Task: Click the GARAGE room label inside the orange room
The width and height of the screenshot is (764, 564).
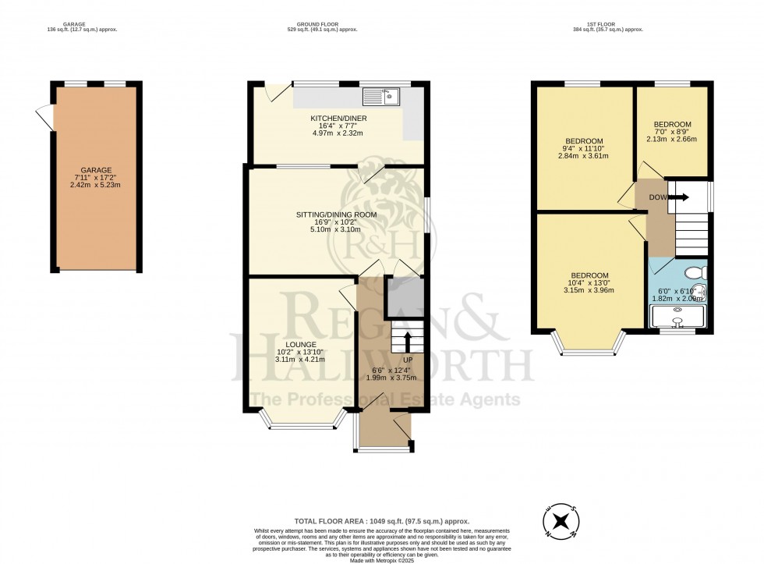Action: (x=97, y=170)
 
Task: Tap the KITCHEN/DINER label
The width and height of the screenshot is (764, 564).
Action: (x=338, y=119)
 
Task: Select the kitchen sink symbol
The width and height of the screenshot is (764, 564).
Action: (x=383, y=97)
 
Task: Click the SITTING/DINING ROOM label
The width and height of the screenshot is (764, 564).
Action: (x=336, y=215)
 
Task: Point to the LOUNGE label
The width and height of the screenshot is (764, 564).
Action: (x=300, y=344)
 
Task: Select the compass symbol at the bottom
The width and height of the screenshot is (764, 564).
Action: (x=559, y=522)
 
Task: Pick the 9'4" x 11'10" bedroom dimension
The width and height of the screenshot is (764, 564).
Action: (x=584, y=148)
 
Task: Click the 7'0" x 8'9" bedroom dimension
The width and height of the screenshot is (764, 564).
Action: (x=672, y=132)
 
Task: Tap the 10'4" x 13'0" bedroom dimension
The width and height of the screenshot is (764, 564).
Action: (x=589, y=283)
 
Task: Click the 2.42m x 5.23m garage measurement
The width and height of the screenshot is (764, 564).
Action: (x=97, y=186)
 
